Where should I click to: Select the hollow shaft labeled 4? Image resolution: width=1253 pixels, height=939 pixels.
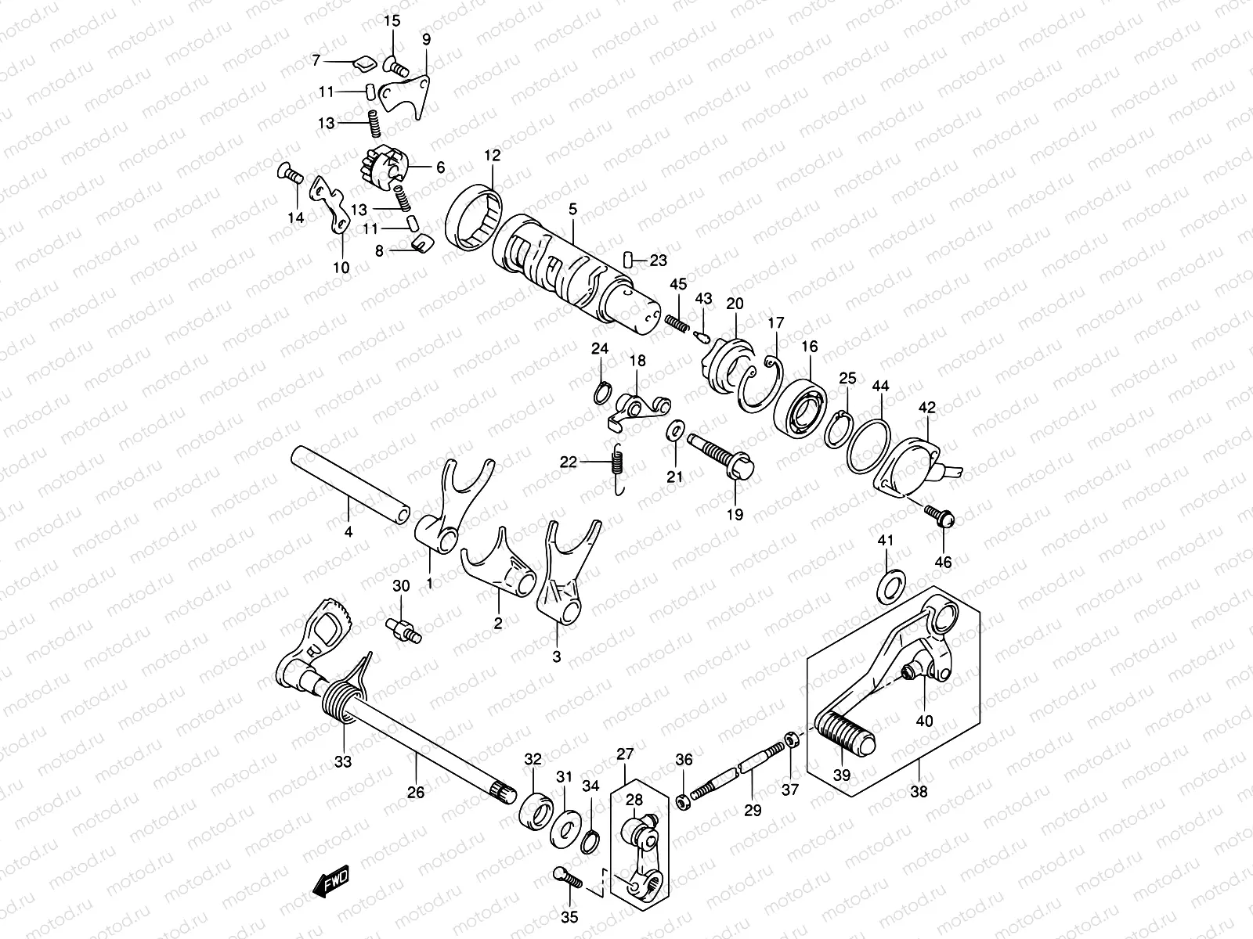tap(350, 483)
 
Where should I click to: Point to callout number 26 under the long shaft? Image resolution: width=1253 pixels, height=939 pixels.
tap(415, 793)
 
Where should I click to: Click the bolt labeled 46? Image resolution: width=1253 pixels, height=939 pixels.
tap(939, 514)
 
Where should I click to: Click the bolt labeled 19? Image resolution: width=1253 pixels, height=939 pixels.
tap(723, 458)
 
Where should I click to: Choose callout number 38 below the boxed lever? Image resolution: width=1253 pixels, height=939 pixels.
tap(919, 791)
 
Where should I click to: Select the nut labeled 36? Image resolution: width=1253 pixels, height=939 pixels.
tap(684, 801)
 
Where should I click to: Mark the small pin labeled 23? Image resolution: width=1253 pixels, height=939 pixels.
tap(629, 259)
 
